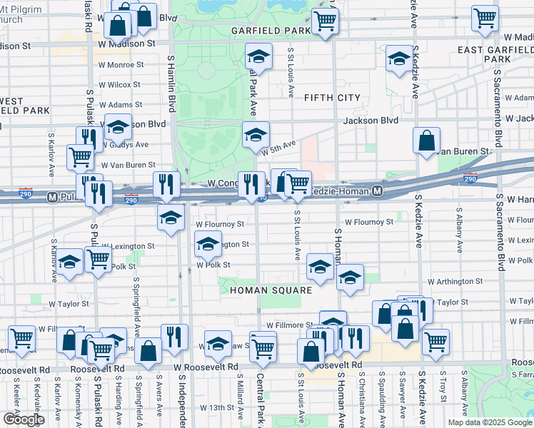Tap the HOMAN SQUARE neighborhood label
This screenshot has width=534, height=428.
pos(271,290)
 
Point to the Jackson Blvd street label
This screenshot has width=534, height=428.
pos(370,121)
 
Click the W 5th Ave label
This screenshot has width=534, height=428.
pos(278,148)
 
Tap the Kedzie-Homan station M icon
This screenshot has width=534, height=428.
pos(378,191)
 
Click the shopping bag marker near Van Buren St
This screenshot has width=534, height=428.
pos(426,141)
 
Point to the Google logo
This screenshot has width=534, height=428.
pos(23,419)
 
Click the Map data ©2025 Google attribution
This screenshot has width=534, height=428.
pos(489,422)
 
